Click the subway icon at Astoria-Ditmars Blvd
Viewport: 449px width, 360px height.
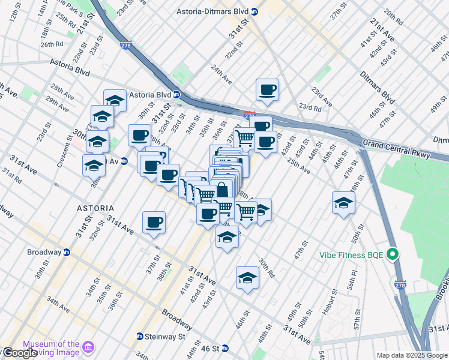click(x=255, y=11)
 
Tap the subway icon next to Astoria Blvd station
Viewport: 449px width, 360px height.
click(x=176, y=94)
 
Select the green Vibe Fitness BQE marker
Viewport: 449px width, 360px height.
click(x=393, y=254)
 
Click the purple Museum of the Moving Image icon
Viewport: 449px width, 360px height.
click(x=88, y=347)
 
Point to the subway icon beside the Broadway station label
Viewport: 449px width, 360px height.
click(x=67, y=252)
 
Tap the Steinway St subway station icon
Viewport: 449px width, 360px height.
click(x=139, y=337)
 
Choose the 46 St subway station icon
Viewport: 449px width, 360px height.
click(x=225, y=348)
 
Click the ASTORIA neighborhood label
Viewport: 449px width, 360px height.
click(x=92, y=208)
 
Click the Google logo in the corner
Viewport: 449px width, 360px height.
click(x=19, y=353)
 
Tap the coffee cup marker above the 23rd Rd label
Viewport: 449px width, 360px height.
click(x=267, y=90)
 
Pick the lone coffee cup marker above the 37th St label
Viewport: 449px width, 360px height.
click(x=154, y=222)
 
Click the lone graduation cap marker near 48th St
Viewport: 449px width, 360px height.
click(x=343, y=203)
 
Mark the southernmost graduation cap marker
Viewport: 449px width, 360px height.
click(x=247, y=278)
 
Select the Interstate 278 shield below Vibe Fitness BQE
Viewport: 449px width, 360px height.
click(x=401, y=287)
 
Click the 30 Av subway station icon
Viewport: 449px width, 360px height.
click(x=124, y=161)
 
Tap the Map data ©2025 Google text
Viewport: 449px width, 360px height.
click(x=412, y=355)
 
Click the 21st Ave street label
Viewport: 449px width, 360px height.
click(x=382, y=29)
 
